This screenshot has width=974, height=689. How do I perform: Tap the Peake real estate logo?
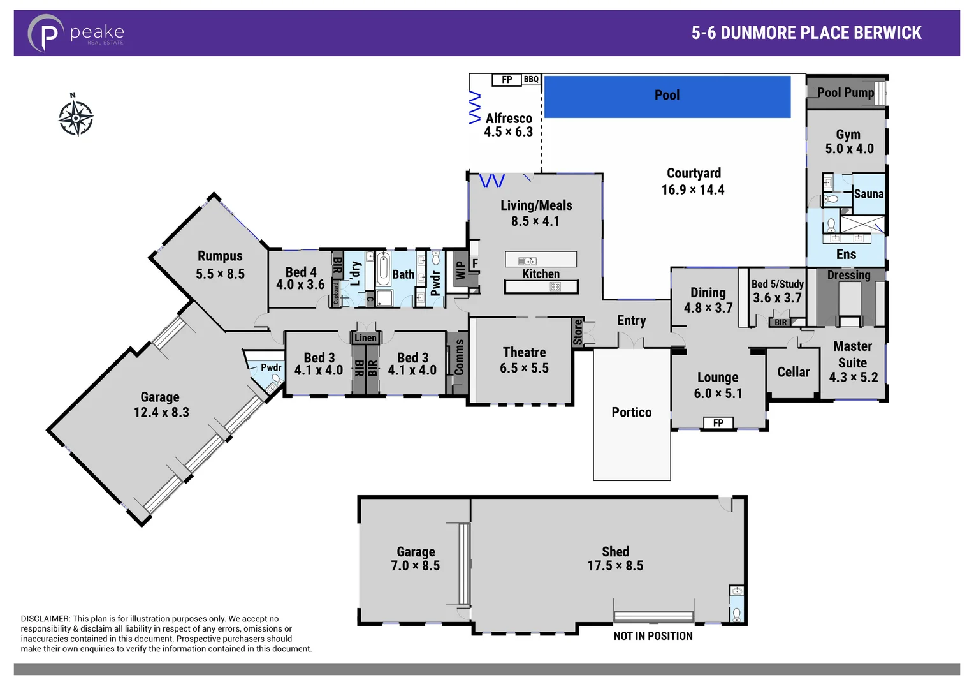tap(76, 33)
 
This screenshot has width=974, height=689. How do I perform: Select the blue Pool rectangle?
tap(667, 96)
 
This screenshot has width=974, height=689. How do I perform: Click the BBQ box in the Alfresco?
tap(531, 80)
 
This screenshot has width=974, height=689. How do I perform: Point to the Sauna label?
tap(868, 195)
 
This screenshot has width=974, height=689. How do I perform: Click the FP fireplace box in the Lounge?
tap(718, 423)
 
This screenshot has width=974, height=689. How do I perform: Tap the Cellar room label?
tap(793, 372)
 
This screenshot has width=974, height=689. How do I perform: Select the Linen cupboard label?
tap(365, 338)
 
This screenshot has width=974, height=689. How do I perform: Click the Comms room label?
tap(459, 357)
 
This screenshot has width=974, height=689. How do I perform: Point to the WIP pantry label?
tap(460, 270)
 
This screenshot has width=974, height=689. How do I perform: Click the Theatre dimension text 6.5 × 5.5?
tap(524, 368)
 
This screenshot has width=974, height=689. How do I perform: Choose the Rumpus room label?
tap(220, 256)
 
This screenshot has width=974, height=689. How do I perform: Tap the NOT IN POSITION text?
tap(653, 636)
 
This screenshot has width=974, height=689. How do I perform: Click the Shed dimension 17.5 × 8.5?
tap(615, 566)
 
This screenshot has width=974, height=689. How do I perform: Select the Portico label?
tap(631, 413)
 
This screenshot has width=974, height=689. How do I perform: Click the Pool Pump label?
tap(845, 93)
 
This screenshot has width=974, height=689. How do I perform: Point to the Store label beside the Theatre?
tap(578, 332)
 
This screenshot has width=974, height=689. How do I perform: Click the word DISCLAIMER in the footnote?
tap(45, 619)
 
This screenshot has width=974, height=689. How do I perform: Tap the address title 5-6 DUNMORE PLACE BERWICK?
tap(806, 33)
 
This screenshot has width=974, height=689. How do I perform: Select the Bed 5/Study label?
tap(777, 285)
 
